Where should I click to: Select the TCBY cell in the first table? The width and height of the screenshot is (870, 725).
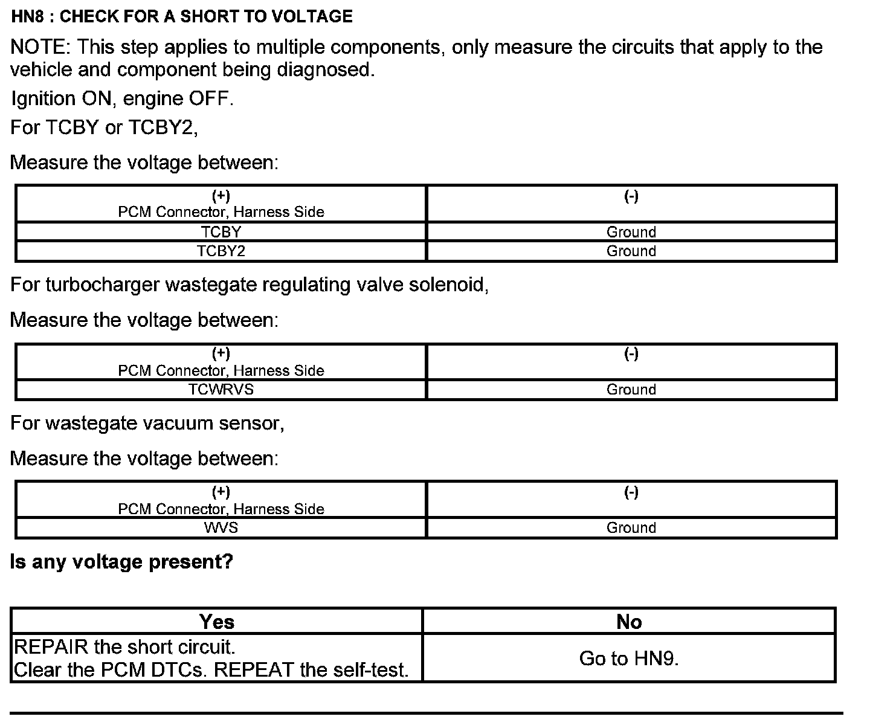[x=221, y=232]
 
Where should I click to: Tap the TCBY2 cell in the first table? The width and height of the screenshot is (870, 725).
[x=221, y=251]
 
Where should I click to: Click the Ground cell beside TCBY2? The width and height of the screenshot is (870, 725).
[x=631, y=251]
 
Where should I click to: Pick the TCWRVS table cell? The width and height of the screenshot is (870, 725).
[x=221, y=390]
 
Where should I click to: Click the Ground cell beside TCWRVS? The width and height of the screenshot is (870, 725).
[x=631, y=390]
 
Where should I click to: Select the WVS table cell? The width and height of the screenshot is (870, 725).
[x=221, y=528]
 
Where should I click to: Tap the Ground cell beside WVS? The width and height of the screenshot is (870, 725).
[x=631, y=528]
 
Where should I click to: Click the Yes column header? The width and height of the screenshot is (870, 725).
[x=216, y=622]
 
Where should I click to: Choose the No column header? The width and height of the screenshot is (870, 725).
[x=629, y=622]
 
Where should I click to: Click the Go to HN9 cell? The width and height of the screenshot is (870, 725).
[x=629, y=659]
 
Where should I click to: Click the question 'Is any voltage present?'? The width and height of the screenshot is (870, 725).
[x=121, y=562]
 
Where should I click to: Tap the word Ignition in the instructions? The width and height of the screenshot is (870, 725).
[x=43, y=98]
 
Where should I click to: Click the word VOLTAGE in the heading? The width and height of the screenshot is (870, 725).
[x=312, y=16]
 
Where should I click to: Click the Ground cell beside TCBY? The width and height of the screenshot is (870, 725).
[x=631, y=232]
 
